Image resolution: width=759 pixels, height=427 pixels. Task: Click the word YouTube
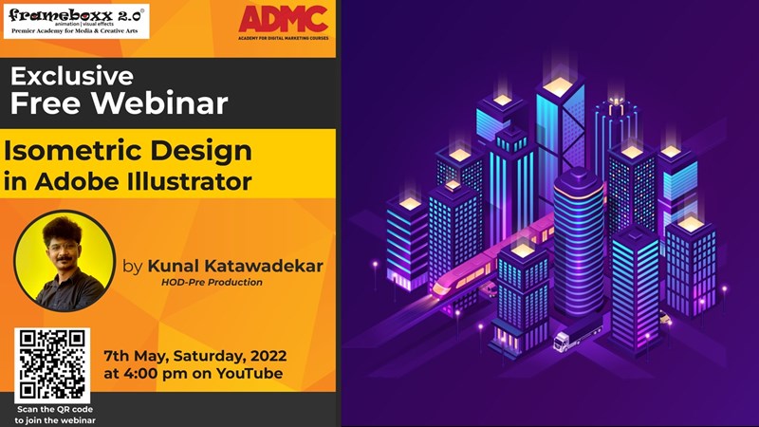250,374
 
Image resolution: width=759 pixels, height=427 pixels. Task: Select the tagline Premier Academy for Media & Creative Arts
76,30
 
